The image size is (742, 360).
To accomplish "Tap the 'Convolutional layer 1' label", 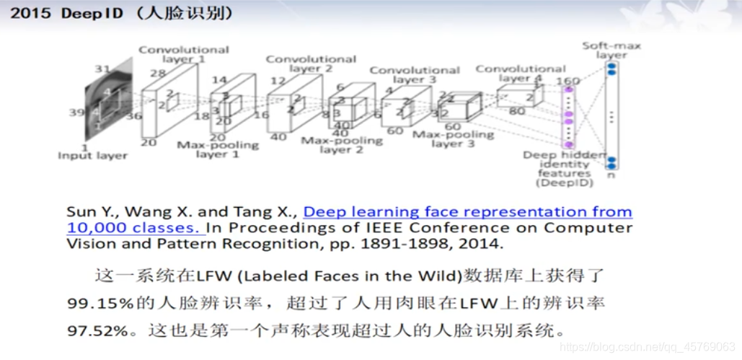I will (183, 54).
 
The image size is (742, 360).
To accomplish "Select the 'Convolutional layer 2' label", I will (311, 63).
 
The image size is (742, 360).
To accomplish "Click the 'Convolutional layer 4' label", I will (520, 73).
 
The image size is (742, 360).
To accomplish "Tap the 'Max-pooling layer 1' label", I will (218, 149).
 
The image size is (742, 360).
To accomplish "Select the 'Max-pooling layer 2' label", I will (342, 144).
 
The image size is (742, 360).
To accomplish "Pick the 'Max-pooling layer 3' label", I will (453, 139).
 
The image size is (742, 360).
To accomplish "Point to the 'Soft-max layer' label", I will (611, 51).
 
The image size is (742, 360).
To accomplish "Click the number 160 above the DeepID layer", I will (568, 81).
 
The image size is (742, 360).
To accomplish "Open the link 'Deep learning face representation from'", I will (467, 212).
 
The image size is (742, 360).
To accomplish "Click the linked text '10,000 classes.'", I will (134, 228).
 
